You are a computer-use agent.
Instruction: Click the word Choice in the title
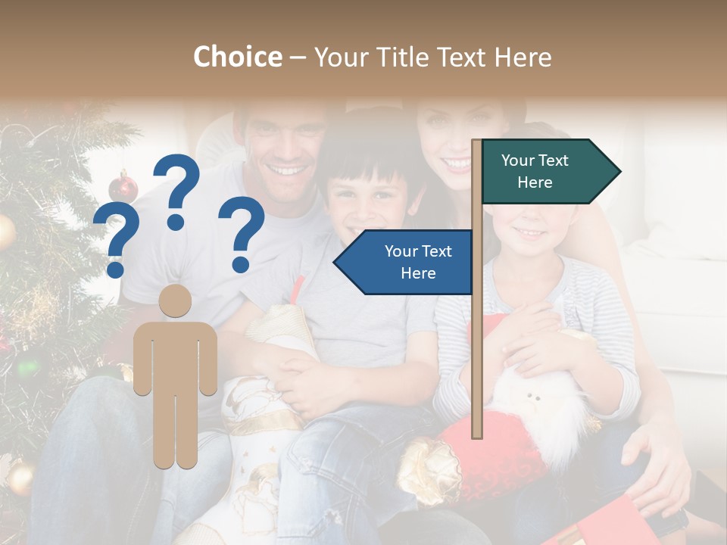pyautogui.click(x=237, y=57)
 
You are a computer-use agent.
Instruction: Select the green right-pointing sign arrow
pyautogui.click(x=550, y=171)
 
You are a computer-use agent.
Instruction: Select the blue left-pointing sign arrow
pyautogui.click(x=404, y=262)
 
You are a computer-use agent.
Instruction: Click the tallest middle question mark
pyautogui.click(x=176, y=189)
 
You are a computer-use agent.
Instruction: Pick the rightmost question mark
pyautogui.click(x=242, y=233)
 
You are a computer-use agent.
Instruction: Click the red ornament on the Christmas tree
pyautogui.click(x=123, y=186)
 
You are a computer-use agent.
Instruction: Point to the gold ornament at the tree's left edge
pyautogui.click(x=5, y=232)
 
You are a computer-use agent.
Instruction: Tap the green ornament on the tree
pyautogui.click(x=29, y=367)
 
